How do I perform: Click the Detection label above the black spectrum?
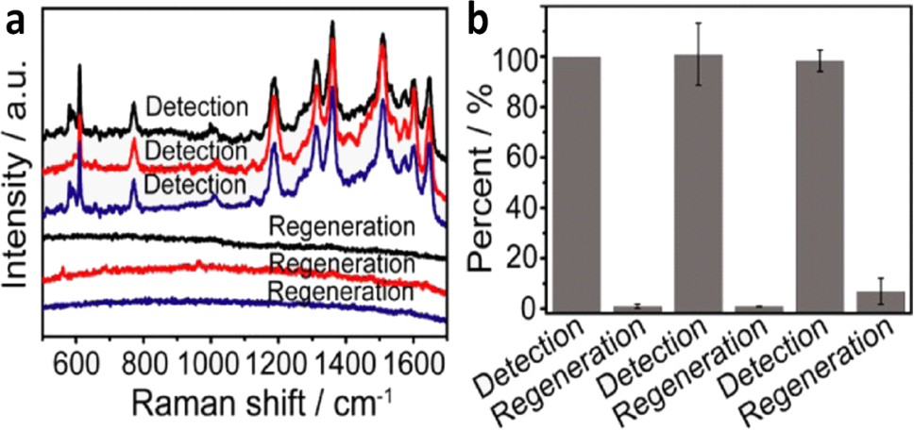[197, 107]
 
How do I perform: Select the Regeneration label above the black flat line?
[341, 226]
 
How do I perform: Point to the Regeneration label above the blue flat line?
[341, 291]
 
